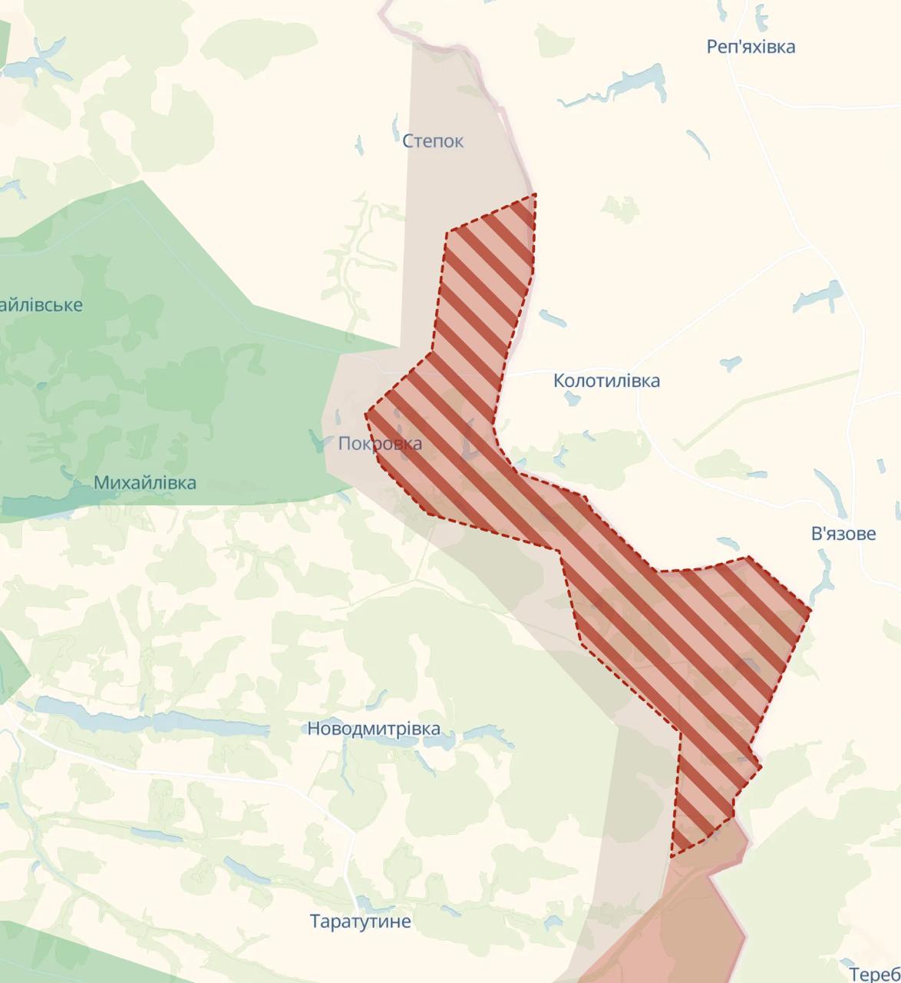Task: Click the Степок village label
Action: pos(433,141)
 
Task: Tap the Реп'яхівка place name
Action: pos(751,47)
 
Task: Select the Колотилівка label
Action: pos(606,381)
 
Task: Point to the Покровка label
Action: pos(380,444)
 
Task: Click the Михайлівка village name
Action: pos(145,483)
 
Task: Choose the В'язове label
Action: pos(843,534)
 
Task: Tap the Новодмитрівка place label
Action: pos(374,729)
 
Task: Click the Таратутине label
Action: pos(360,922)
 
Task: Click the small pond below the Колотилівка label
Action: pos(571,399)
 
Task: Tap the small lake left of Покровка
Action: pos(317,440)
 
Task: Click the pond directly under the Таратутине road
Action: pos(364,903)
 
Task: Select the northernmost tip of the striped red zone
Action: pos(535,195)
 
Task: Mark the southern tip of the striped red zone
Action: pos(672,856)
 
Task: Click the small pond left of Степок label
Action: pos(359,145)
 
